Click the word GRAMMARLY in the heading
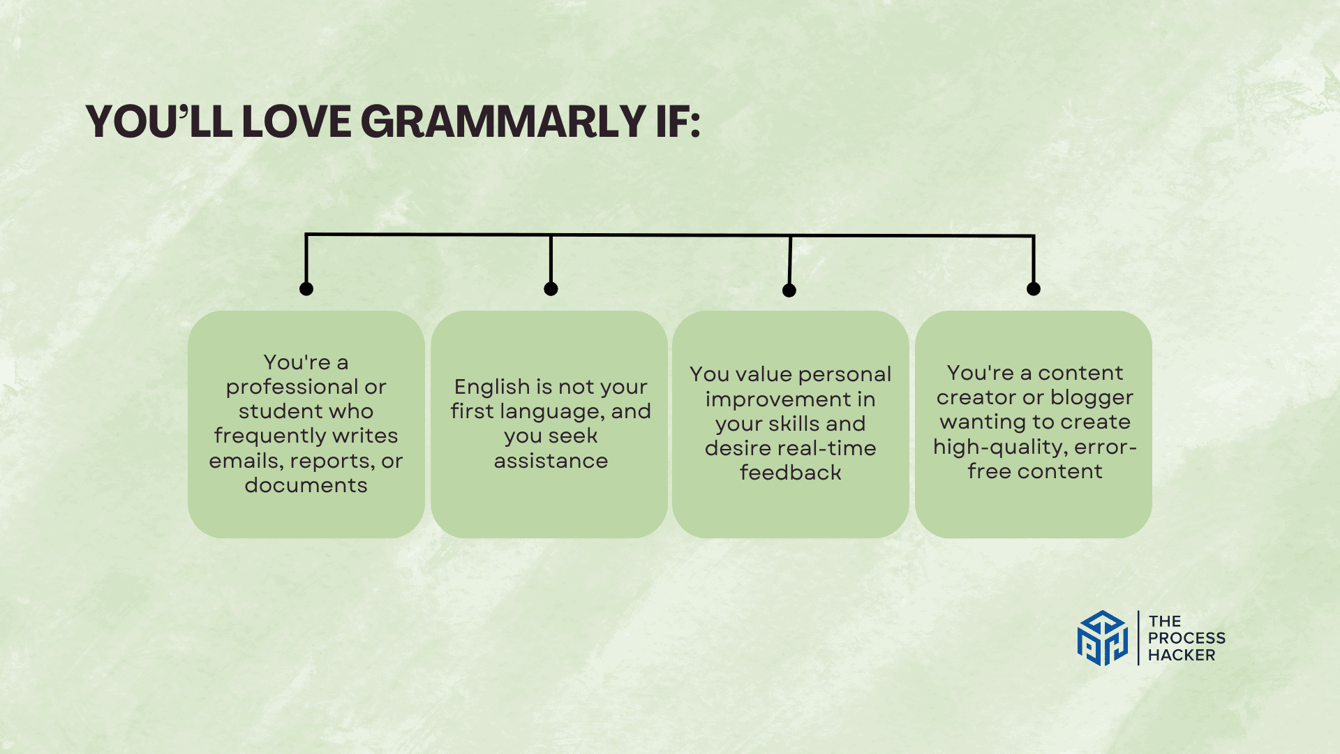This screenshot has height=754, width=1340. (502, 122)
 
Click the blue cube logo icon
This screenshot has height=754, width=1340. (1102, 638)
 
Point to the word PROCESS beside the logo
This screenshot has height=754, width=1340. (1186, 638)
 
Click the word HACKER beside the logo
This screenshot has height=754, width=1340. (1182, 655)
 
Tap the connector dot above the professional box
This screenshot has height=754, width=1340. (306, 289)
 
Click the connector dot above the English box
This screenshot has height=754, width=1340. (551, 289)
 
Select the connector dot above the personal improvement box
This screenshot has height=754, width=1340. (789, 290)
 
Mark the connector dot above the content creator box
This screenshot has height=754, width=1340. (1034, 289)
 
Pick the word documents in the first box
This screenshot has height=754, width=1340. (306, 485)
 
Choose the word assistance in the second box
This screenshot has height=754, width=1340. (551, 461)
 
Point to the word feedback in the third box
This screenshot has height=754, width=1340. (790, 473)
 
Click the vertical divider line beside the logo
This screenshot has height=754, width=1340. (1138, 638)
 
